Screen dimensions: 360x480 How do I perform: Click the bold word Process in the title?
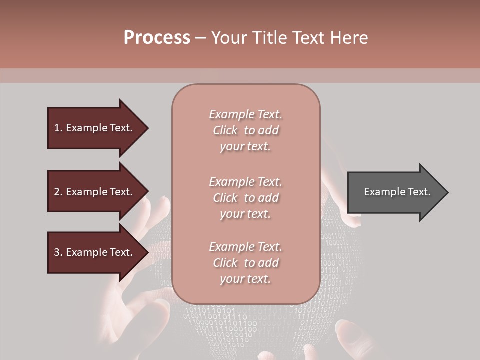click(x=157, y=38)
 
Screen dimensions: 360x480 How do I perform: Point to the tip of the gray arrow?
click(x=446, y=192)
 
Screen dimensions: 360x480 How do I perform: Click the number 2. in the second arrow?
click(x=58, y=192)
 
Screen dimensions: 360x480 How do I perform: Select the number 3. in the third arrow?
click(x=58, y=252)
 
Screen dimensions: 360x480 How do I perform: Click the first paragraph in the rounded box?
click(x=245, y=130)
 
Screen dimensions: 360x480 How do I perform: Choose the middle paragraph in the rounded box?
click(x=245, y=198)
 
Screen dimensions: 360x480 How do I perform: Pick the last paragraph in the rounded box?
click(x=245, y=263)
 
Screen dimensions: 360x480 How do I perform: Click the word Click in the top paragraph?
click(x=225, y=130)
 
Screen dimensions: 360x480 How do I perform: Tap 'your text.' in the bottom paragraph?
click(x=245, y=279)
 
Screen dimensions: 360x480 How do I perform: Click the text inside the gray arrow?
click(x=397, y=192)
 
